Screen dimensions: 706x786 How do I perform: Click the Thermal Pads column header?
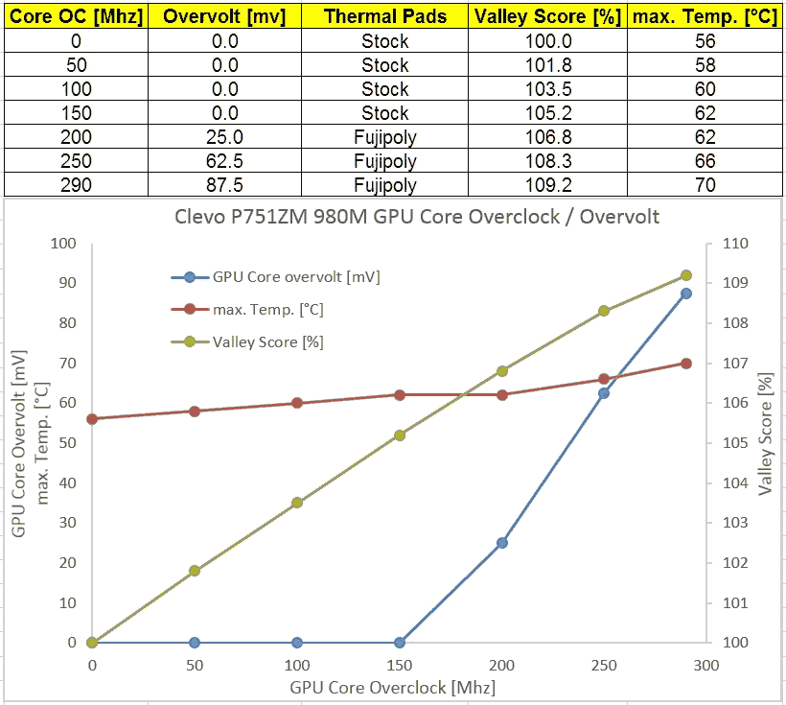pos(385,16)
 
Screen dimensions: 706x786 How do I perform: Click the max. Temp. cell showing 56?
pos(705,41)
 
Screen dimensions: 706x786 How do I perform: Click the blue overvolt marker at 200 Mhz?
pos(501,543)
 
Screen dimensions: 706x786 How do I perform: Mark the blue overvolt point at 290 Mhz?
pos(686,294)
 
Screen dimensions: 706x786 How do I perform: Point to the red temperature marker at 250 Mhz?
pos(604,379)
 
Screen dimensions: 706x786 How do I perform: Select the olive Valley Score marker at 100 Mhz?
pos(297,503)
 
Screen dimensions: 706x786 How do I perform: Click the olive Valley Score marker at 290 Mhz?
pos(686,275)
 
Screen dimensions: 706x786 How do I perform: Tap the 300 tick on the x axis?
pos(705,665)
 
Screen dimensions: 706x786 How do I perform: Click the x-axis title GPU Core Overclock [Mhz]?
pos(392,688)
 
